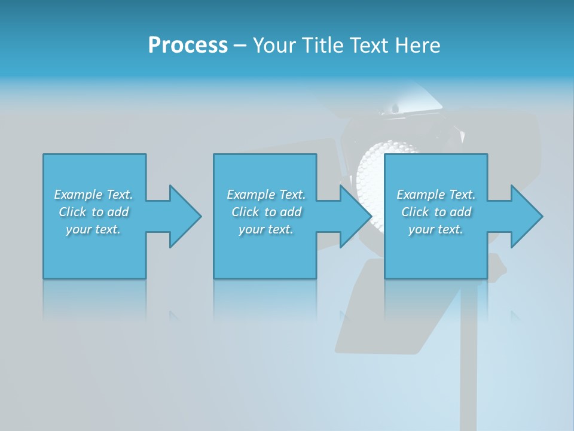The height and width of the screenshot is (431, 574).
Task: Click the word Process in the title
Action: [188, 45]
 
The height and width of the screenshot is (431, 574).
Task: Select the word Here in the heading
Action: [417, 45]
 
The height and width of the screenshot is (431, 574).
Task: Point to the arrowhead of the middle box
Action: [355, 216]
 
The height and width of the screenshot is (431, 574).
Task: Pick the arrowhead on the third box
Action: [526, 216]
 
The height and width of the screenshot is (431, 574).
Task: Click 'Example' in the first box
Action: [78, 195]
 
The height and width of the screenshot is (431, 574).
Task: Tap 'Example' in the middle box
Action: [251, 195]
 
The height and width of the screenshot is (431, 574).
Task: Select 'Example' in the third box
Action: [421, 195]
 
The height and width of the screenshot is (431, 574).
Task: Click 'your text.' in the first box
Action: [93, 229]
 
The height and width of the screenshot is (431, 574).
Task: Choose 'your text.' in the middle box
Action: [266, 229]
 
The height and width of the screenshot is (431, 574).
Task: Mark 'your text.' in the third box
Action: [436, 229]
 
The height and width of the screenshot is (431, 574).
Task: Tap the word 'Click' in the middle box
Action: [245, 212]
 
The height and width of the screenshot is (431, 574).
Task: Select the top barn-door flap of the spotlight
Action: [413, 99]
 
